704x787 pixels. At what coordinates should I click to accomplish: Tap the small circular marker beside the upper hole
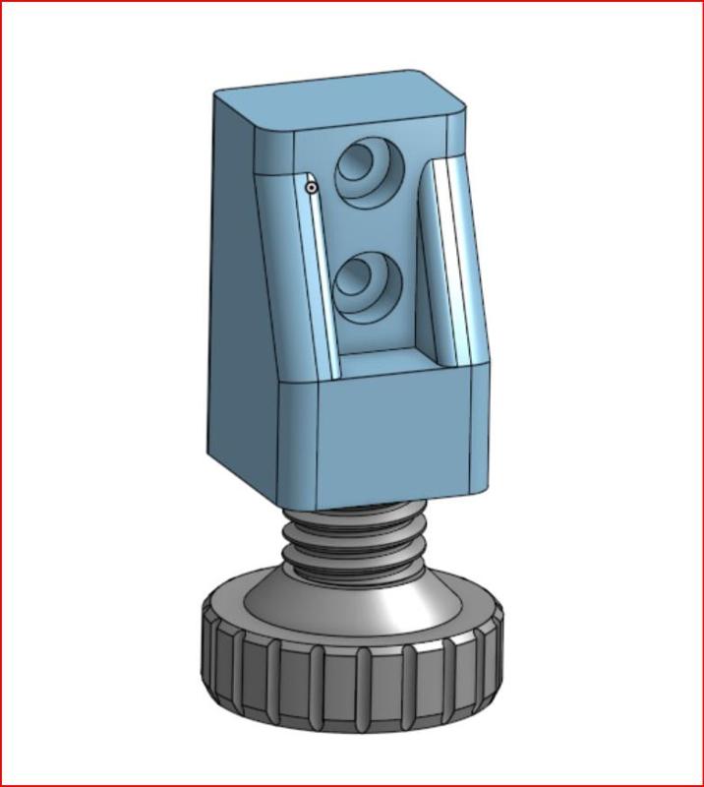[311, 186]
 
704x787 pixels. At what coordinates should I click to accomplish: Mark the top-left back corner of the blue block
[218, 94]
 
